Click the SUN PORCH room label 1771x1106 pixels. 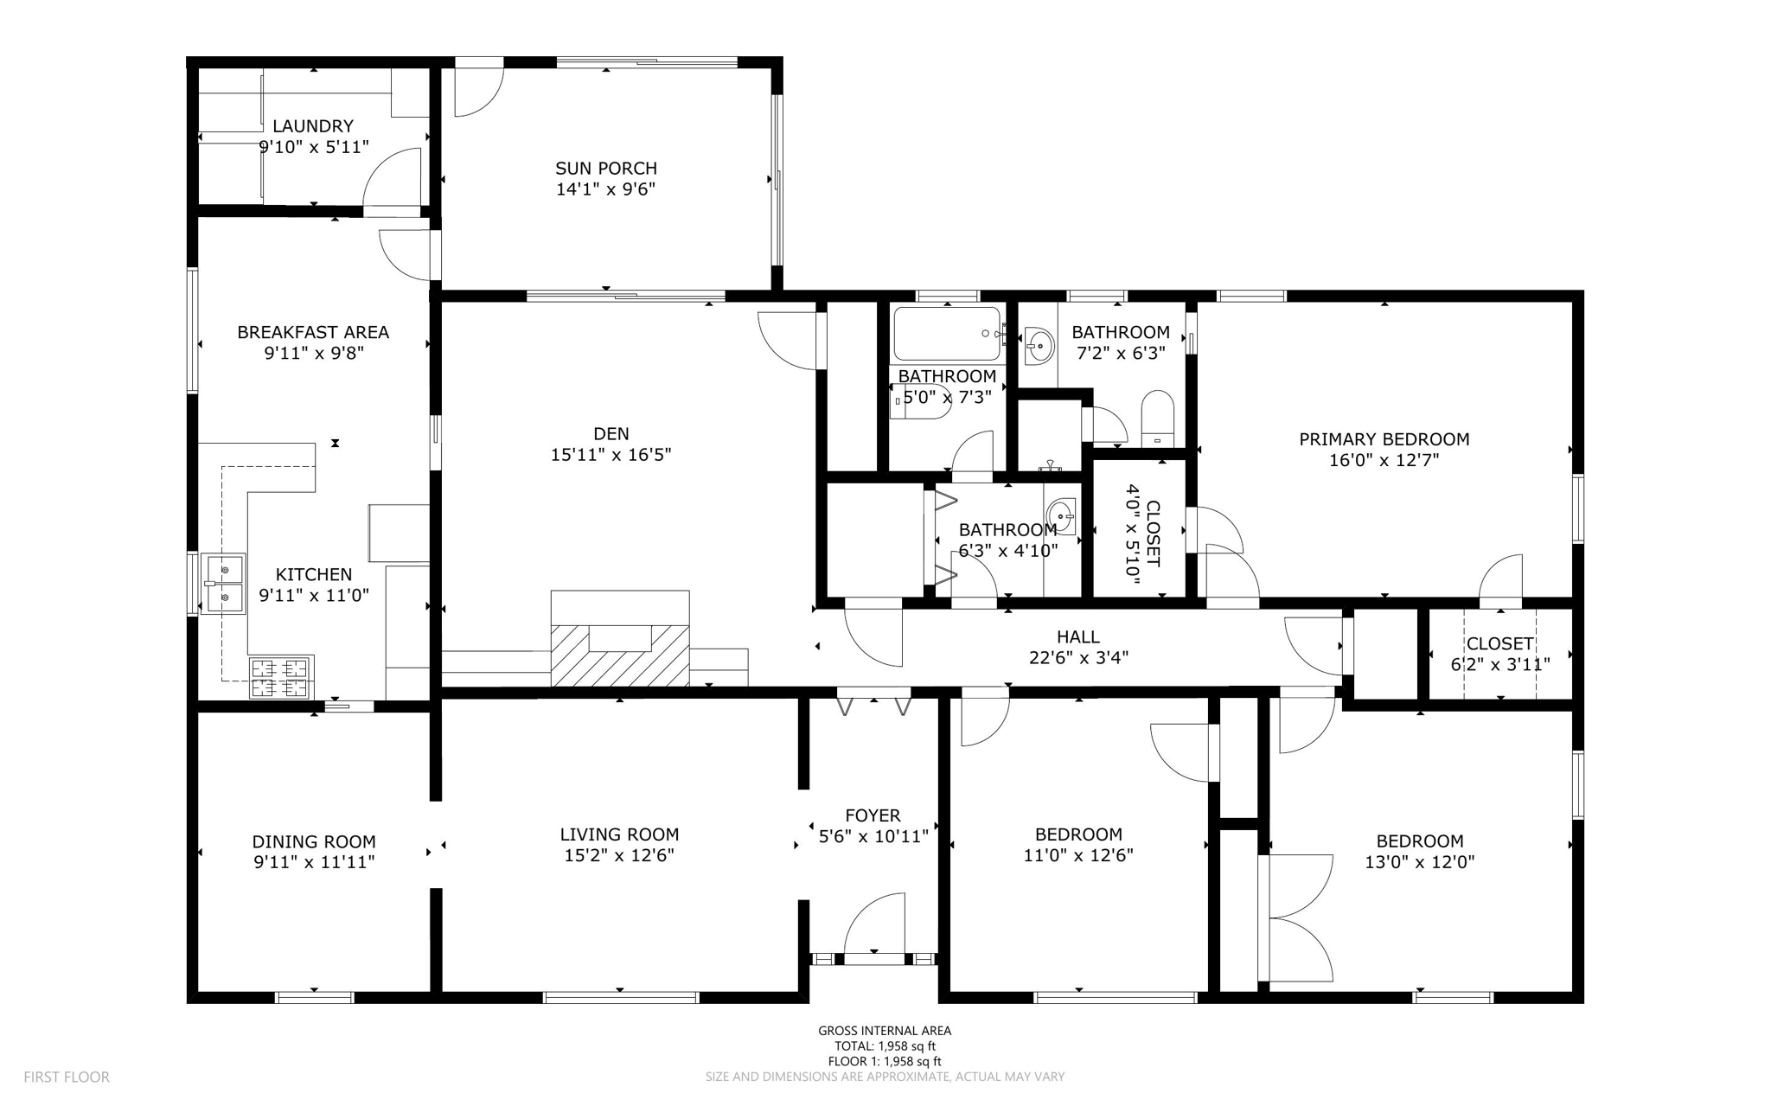tap(605, 169)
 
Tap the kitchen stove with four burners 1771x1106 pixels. tap(280, 677)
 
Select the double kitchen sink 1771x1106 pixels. tap(224, 583)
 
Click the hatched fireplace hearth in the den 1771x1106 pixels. tap(619, 655)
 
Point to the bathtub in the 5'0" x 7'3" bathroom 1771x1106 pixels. tap(947, 334)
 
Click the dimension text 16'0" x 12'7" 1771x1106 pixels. tap(1384, 460)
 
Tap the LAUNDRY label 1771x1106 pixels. tap(313, 126)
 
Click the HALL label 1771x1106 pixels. tap(1077, 637)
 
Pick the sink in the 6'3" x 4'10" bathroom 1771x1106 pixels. tap(1062, 517)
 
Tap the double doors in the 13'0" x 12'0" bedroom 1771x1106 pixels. tap(1297, 917)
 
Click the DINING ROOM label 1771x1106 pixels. tap(314, 841)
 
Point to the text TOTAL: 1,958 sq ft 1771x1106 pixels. tap(885, 1045)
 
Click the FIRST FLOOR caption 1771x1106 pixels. tap(67, 1077)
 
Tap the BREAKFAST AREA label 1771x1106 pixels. tap(313, 332)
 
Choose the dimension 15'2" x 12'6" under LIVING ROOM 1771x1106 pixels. tap(619, 855)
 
